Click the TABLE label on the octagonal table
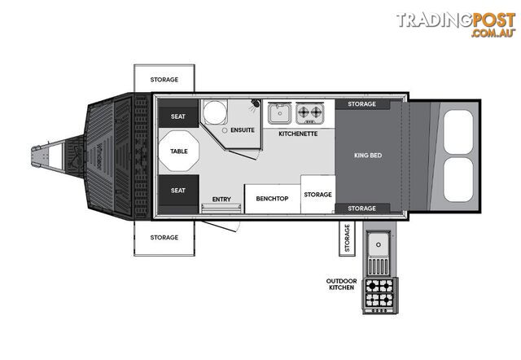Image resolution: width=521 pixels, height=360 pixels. pyautogui.click(x=179, y=151)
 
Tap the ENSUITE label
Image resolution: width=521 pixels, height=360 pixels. pyautogui.click(x=243, y=130)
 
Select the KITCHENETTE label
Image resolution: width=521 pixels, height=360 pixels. pyautogui.click(x=298, y=134)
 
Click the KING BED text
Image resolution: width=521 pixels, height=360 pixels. pyautogui.click(x=368, y=156)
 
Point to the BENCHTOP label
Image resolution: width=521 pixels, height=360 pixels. pyautogui.click(x=272, y=199)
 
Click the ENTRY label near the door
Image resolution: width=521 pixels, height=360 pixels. pyautogui.click(x=221, y=199)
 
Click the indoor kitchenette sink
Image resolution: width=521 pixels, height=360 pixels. pyautogui.click(x=280, y=113)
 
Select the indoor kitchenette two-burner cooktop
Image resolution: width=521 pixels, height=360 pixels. pyautogui.click(x=309, y=113)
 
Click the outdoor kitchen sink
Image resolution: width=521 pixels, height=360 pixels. pyautogui.click(x=379, y=245)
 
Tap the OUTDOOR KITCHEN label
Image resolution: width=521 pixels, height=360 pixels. pyautogui.click(x=341, y=284)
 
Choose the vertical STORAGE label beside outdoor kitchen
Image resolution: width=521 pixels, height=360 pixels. pyautogui.click(x=348, y=238)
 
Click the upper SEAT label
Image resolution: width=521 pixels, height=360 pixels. pyautogui.click(x=178, y=116)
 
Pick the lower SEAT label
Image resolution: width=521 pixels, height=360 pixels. pyautogui.click(x=178, y=191)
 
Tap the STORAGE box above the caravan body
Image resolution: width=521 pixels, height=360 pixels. pyautogui.click(x=164, y=78)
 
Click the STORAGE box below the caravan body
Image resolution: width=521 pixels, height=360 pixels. pyautogui.click(x=164, y=238)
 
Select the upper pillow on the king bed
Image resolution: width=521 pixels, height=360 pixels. pyautogui.click(x=458, y=132)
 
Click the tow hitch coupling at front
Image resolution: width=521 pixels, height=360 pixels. pyautogui.click(x=37, y=156)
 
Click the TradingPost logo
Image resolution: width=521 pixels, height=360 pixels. pyautogui.click(x=456, y=24)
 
